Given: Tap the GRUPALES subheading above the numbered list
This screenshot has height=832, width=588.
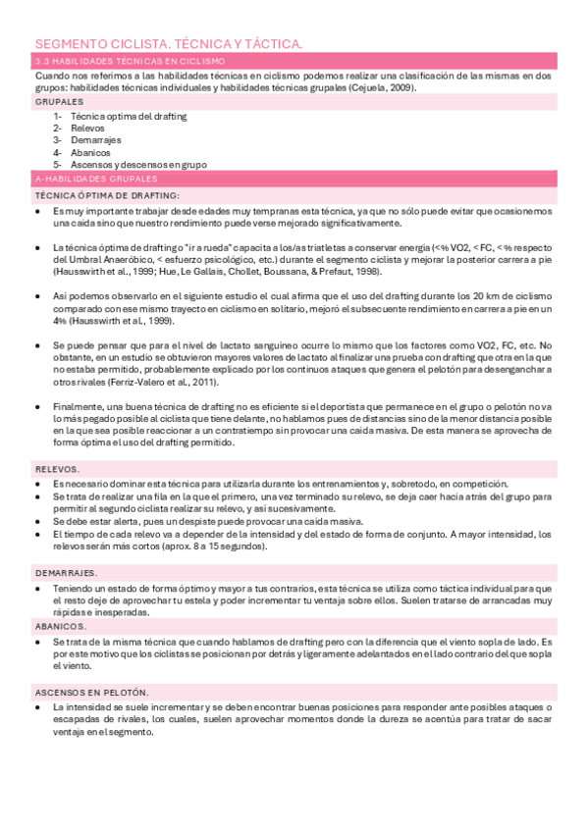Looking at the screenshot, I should click(x=59, y=101).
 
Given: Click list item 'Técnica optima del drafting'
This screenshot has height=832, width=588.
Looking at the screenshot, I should click(x=129, y=116).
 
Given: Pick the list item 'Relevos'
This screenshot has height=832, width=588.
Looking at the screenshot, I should click(x=87, y=128).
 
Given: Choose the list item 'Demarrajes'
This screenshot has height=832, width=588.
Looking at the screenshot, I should click(x=94, y=140).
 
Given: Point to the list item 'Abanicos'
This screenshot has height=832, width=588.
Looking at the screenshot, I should click(x=90, y=152).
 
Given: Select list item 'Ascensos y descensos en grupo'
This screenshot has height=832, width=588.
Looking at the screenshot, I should click(x=138, y=165).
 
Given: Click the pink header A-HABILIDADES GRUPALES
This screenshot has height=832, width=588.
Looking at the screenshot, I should click(x=94, y=180).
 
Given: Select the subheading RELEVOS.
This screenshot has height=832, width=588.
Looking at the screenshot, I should click(x=57, y=469).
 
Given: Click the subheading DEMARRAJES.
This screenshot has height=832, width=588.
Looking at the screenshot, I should click(x=66, y=572).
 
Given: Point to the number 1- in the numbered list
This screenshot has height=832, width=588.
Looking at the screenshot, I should click(x=59, y=116).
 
